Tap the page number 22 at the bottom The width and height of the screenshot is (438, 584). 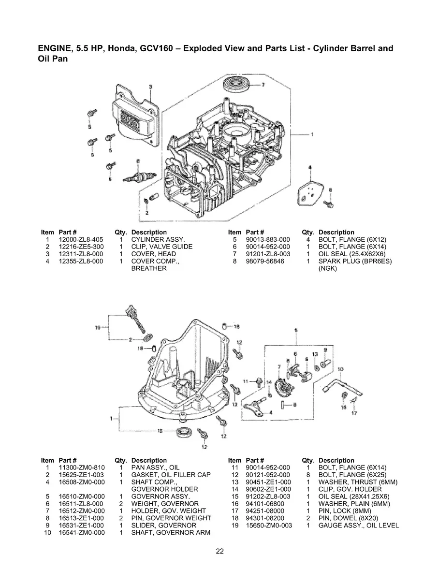pos(219,551)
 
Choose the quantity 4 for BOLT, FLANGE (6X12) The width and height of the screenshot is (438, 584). pos(307,239)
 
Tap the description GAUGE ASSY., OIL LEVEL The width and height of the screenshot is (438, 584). pos(359,526)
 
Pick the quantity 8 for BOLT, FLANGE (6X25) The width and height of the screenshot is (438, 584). pos(307,475)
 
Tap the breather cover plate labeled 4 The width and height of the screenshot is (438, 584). pos(308,191)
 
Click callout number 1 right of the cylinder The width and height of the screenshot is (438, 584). pos(312,134)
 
